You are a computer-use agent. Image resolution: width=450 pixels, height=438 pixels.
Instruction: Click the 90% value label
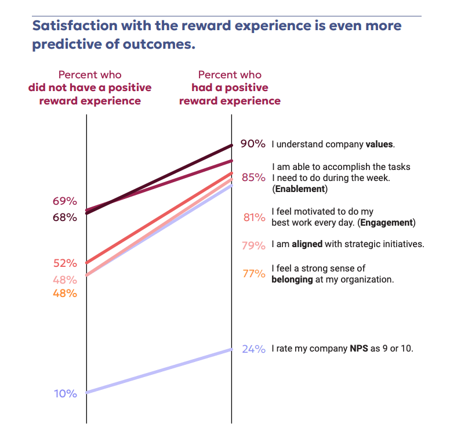pos(253,144)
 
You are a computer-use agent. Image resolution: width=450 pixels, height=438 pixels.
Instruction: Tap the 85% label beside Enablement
pos(253,178)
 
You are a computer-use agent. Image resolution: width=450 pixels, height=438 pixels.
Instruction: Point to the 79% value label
pos(253,245)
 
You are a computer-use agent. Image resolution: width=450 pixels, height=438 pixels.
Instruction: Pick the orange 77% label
pos(253,273)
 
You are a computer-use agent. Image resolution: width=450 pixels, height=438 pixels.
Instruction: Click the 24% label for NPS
pos(253,349)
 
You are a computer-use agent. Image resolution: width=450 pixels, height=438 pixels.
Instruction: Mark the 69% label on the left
pos(65,201)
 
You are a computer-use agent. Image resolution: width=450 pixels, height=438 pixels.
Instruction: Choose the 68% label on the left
pos(65,218)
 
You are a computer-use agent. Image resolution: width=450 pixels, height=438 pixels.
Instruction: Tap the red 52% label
pos(65,263)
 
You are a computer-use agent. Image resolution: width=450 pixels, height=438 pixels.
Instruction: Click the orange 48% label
pos(65,293)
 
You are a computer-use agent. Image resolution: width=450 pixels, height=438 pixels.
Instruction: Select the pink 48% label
pos(65,280)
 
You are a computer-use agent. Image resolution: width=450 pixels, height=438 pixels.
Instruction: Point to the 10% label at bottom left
pos(65,393)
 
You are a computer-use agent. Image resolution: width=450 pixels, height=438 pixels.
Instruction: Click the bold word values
pos(379,144)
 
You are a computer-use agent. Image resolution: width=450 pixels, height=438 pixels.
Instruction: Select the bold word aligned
pos(307,244)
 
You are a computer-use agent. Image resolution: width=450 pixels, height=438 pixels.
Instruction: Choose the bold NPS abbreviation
pos(358,349)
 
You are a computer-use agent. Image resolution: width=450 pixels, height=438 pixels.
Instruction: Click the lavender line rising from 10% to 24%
pos(159,371)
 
